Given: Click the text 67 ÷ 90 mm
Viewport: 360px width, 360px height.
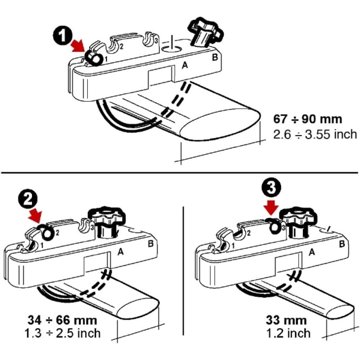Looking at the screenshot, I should pos(308,120).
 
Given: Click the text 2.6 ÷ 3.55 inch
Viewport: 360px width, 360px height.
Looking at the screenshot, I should pos(315,134).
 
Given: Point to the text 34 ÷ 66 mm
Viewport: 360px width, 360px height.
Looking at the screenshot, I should pos(61,321).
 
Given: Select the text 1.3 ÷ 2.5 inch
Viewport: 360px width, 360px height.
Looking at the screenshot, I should pos(63,333).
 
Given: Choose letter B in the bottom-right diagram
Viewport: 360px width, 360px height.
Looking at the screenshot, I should pos(342,244).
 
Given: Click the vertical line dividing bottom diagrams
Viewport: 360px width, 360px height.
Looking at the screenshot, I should pos(183,270).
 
